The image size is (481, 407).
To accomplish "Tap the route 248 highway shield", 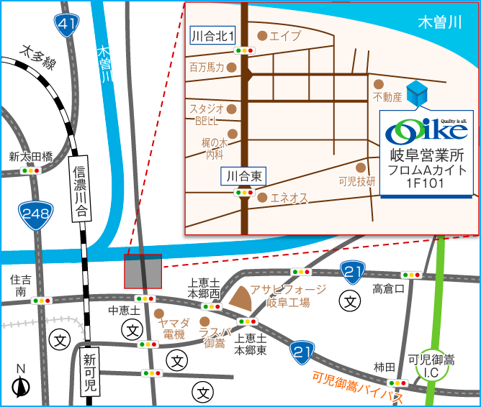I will click(x=34, y=214).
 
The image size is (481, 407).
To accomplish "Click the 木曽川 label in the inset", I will click(x=439, y=22).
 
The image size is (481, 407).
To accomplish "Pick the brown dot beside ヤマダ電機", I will click(x=158, y=314).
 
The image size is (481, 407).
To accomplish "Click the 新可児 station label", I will click(x=90, y=372).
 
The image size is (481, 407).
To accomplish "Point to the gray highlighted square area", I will click(x=143, y=271).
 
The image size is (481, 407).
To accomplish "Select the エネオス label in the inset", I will click(x=289, y=197).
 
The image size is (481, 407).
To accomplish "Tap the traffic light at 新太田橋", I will click(x=31, y=170).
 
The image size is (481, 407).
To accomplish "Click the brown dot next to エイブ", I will click(x=261, y=35).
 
